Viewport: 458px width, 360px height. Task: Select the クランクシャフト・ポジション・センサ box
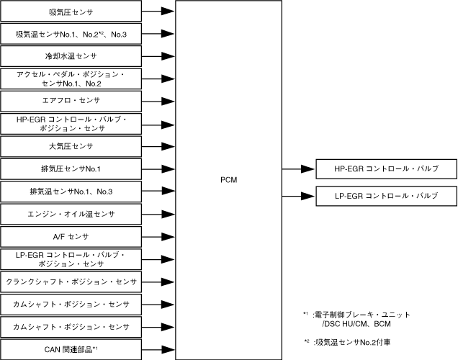71,282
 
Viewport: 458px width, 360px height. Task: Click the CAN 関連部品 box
71,349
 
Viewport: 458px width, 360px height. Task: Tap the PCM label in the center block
230,180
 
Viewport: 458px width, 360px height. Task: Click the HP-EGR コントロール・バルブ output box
387,169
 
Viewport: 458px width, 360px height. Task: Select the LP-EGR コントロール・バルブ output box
387,196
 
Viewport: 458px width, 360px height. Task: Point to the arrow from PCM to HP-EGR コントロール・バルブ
298,169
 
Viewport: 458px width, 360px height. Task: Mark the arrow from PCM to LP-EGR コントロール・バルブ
298,196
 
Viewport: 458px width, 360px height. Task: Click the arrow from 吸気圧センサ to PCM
160,12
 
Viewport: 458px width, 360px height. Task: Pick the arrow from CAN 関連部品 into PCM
160,349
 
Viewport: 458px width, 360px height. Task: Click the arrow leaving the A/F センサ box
160,236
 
